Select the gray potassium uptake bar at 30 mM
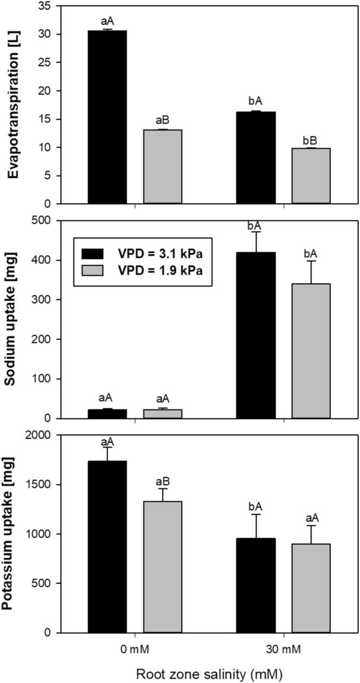click(x=311, y=588)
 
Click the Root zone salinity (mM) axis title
click(x=209, y=674)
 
